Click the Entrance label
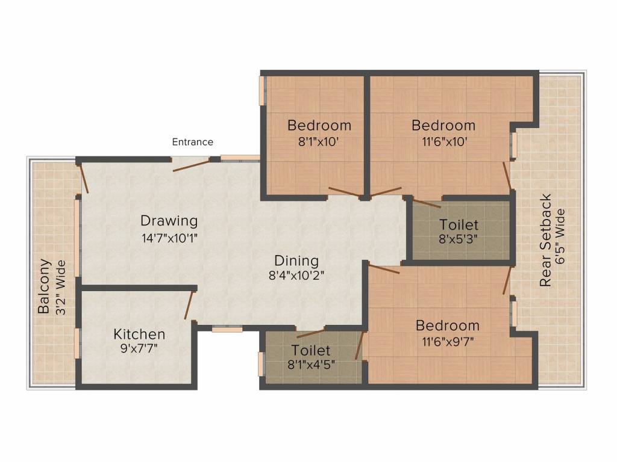pyautogui.click(x=193, y=142)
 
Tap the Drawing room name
pyautogui.click(x=169, y=221)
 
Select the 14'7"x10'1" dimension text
pyautogui.click(x=169, y=237)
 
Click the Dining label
pyautogui.click(x=296, y=261)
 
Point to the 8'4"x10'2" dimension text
pyautogui.click(x=296, y=277)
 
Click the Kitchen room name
pyautogui.click(x=139, y=334)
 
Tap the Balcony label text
pyautogui.click(x=44, y=286)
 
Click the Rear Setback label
pyautogui.click(x=546, y=240)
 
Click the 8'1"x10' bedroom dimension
pyautogui.click(x=319, y=142)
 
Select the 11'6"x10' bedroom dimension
pyautogui.click(x=443, y=142)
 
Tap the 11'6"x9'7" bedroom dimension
pyautogui.click(x=448, y=342)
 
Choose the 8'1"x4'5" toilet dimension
pyautogui.click(x=310, y=365)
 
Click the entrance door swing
pyautogui.click(x=191, y=165)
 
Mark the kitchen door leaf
pyautogui.click(x=189, y=304)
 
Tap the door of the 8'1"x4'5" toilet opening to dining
pyautogui.click(x=311, y=333)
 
